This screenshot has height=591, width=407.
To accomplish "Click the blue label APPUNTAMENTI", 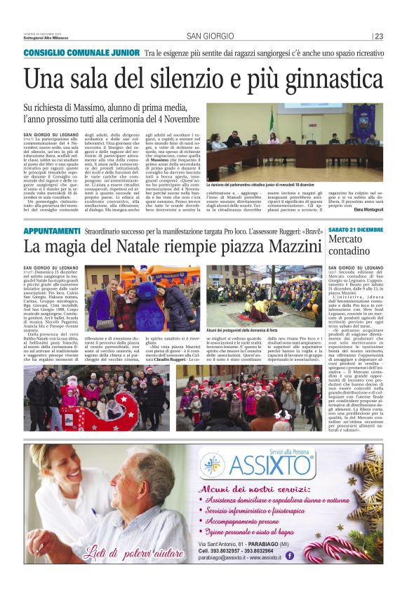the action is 52,231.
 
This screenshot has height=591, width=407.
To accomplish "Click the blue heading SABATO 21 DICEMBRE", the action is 356,230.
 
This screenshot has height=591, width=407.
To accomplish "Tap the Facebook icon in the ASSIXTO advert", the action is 290,555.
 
